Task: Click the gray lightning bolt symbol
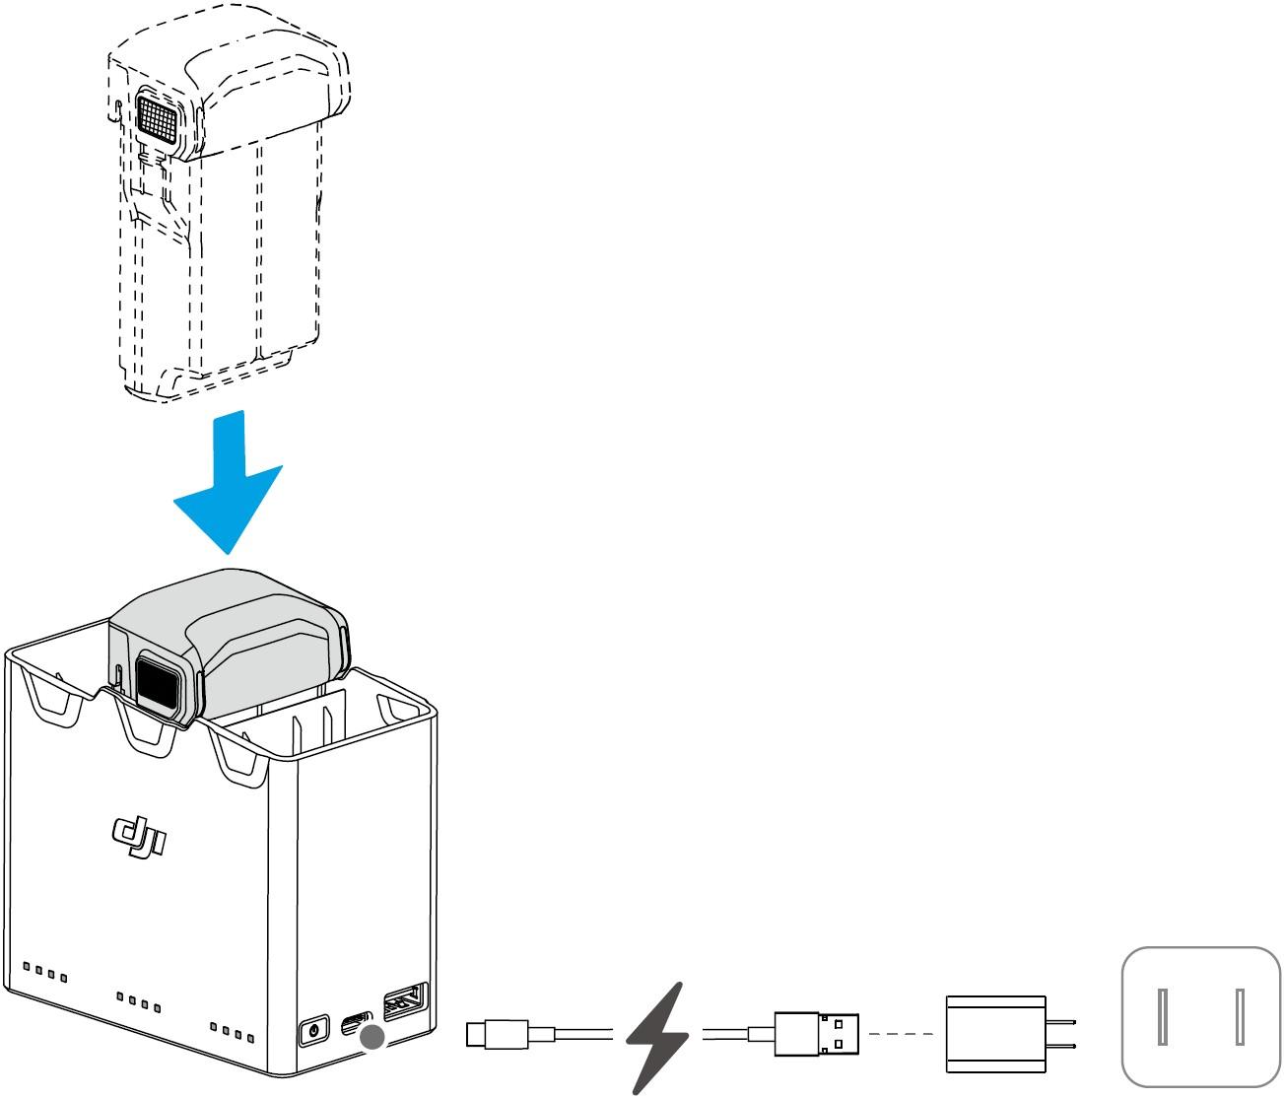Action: click(x=657, y=1038)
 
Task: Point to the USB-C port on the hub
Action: click(x=357, y=1022)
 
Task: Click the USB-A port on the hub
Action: click(x=406, y=1001)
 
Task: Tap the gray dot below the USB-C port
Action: click(x=372, y=1037)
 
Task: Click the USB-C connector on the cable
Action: click(x=497, y=1035)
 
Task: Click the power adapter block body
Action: click(x=996, y=1034)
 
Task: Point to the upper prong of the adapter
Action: click(x=1061, y=1022)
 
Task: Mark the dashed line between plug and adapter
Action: click(x=902, y=1034)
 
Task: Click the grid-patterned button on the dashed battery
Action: click(x=157, y=117)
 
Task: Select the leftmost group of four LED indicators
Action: click(x=44, y=973)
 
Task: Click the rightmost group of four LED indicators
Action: click(x=232, y=1032)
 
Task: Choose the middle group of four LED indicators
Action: click(x=139, y=1002)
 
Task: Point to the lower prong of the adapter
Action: click(x=1061, y=1047)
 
